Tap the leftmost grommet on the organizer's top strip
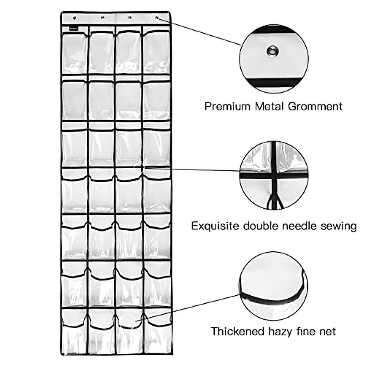point(75,18)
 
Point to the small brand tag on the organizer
point(74,29)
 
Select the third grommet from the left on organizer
point(130,18)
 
